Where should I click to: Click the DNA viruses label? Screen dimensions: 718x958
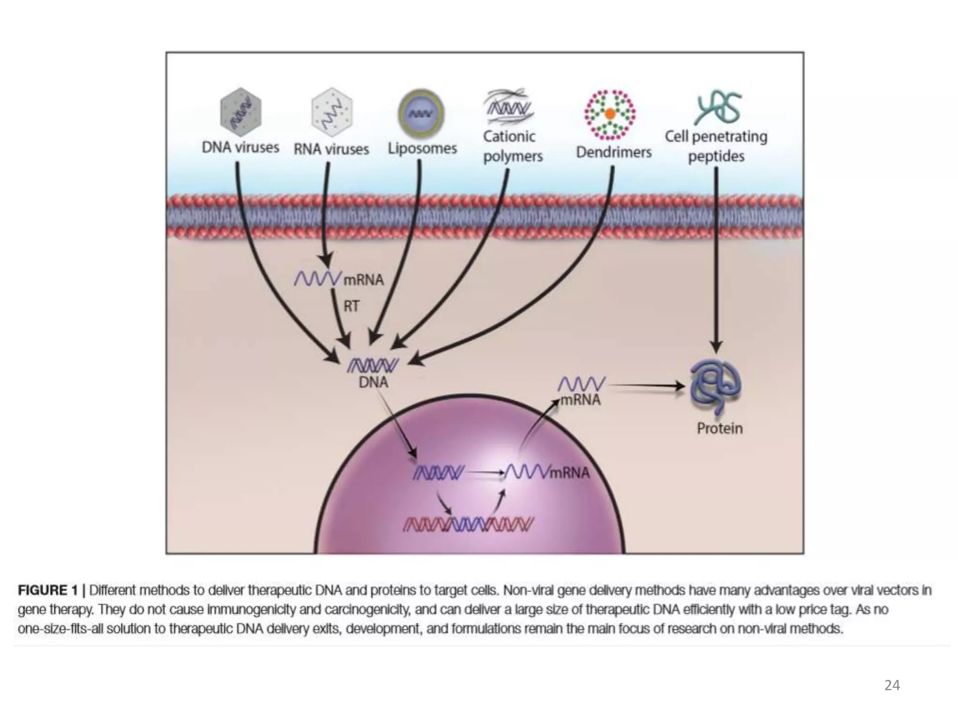click(x=240, y=148)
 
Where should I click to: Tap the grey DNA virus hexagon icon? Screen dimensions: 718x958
click(x=240, y=112)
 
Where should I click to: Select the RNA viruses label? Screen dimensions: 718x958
click(x=331, y=149)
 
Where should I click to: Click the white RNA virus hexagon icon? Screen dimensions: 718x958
click(x=332, y=112)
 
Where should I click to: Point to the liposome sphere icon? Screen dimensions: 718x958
click(x=421, y=114)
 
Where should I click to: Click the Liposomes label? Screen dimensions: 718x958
click(x=422, y=149)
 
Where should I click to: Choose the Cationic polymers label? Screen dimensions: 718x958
click(x=512, y=146)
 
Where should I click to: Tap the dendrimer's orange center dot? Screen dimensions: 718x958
click(x=610, y=114)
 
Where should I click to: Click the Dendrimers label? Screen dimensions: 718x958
click(x=613, y=152)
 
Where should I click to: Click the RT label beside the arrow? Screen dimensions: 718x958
click(x=351, y=307)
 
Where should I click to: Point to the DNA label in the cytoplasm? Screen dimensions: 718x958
click(x=373, y=383)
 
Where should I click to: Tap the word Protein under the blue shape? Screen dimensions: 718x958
click(x=719, y=429)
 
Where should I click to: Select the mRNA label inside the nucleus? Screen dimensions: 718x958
click(x=569, y=473)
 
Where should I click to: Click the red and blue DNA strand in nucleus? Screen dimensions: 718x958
click(x=468, y=524)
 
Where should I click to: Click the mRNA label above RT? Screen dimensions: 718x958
click(x=363, y=280)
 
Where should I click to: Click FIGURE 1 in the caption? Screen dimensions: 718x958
click(x=48, y=590)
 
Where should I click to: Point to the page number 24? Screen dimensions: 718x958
click(x=892, y=685)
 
